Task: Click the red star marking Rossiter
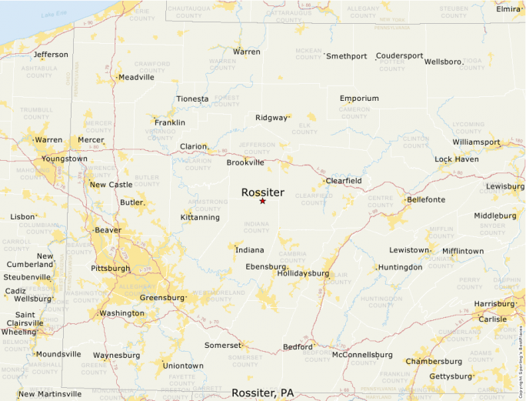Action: (x=262, y=201)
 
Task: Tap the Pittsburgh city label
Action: (x=110, y=269)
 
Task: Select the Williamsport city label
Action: (x=476, y=142)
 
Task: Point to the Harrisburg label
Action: (x=494, y=304)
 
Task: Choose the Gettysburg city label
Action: (x=450, y=376)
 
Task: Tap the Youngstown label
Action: (x=65, y=159)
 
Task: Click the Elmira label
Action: (x=508, y=9)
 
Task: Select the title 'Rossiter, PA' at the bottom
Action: (x=262, y=393)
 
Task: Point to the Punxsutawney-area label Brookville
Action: (x=245, y=162)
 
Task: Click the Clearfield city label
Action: (x=343, y=180)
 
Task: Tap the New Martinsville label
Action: (x=50, y=394)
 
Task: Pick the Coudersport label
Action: (x=399, y=55)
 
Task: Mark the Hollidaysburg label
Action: (x=303, y=273)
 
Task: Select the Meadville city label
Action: (x=136, y=77)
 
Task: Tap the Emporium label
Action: (x=359, y=99)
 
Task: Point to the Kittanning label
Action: (x=200, y=218)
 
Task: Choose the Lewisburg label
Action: (x=505, y=186)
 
